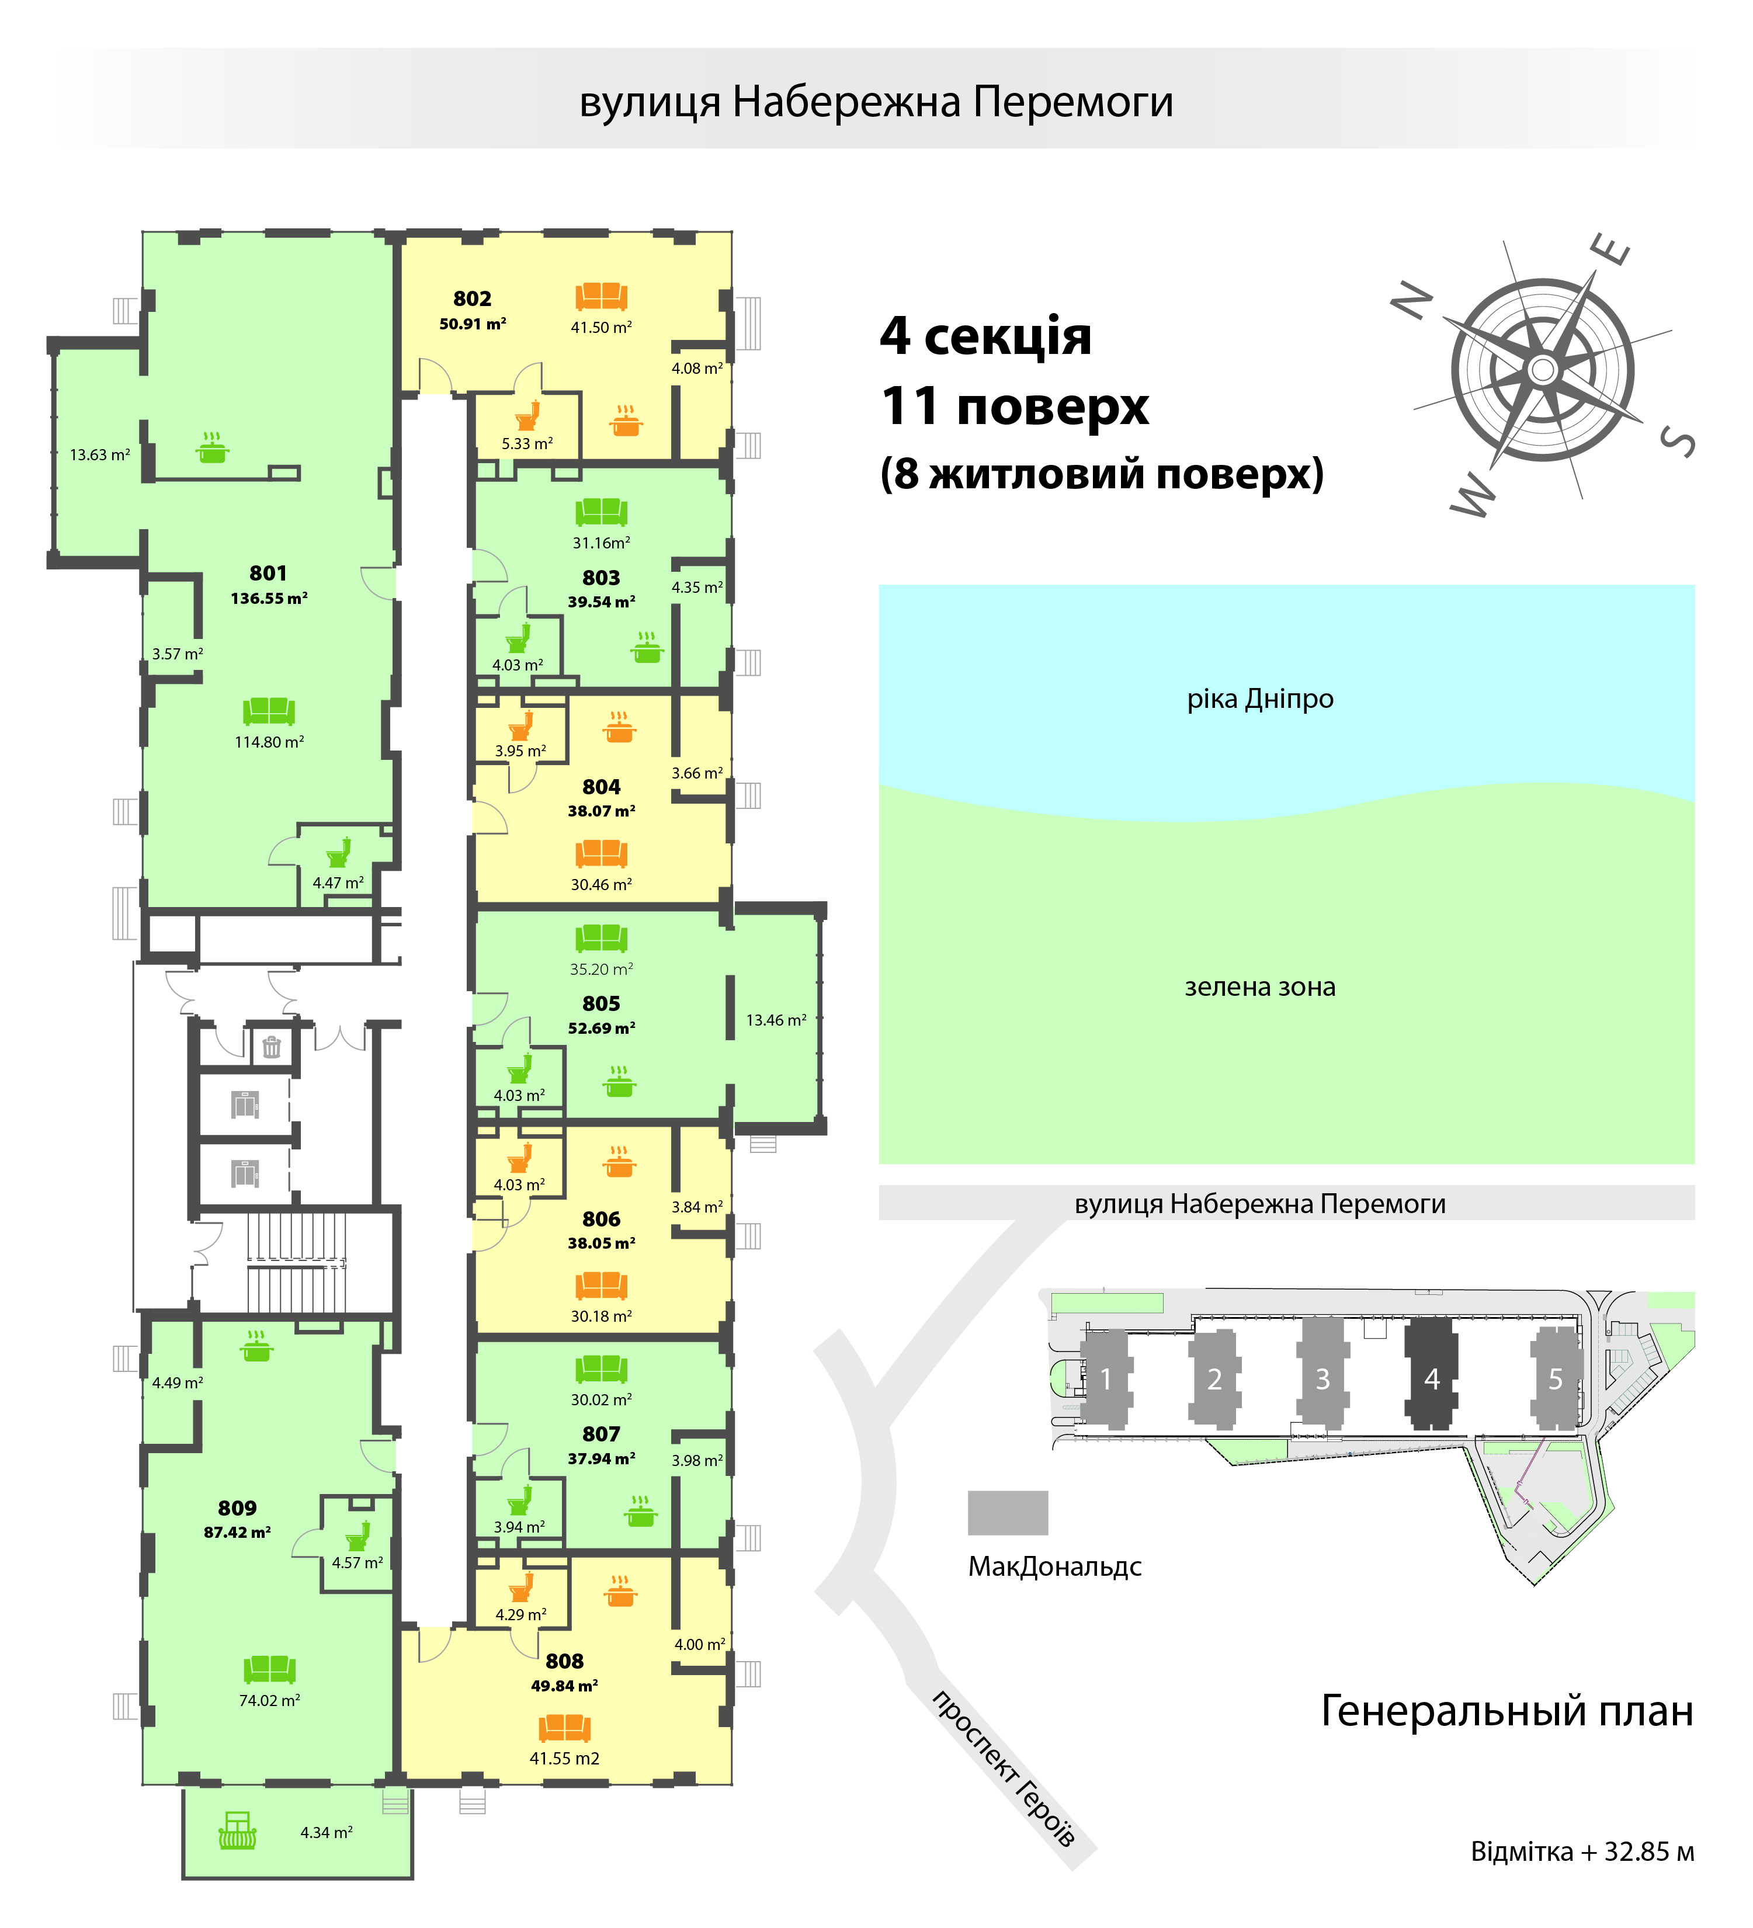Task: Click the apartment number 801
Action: tap(268, 573)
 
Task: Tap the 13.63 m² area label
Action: tap(99, 455)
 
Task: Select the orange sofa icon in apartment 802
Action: tap(600, 297)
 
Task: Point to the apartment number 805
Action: tap(600, 1003)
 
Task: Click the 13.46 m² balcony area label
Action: tap(776, 1020)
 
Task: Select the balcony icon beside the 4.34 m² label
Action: tap(237, 1830)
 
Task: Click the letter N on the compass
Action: tap(1412, 301)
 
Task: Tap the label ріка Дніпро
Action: tap(1259, 699)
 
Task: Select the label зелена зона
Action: tap(1259, 987)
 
